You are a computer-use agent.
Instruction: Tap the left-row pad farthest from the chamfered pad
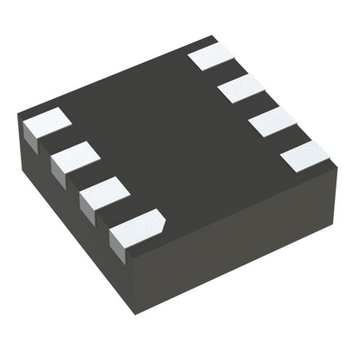[x=45, y=123]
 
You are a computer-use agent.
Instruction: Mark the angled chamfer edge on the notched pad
[x=157, y=216]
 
